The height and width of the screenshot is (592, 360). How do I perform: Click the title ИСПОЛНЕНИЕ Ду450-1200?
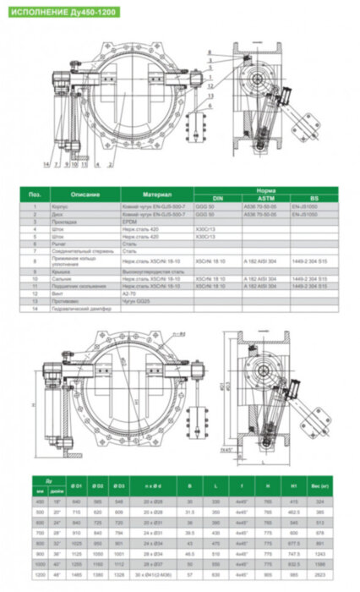(x=61, y=14)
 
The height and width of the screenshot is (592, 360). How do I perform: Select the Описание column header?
(x=85, y=194)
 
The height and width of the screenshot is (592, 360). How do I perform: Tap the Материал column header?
(x=156, y=194)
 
